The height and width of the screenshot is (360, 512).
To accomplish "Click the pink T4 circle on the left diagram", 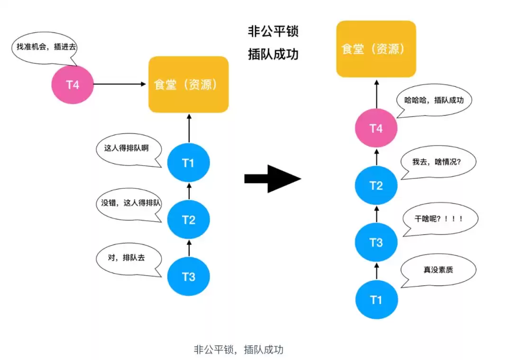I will (x=72, y=85).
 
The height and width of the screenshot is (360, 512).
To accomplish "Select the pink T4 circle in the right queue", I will (x=376, y=129).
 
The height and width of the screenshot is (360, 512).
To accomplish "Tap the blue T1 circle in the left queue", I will (x=188, y=163).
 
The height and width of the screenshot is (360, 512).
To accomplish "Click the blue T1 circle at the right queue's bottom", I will (x=376, y=300).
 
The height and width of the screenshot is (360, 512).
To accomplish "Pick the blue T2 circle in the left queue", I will (x=188, y=220).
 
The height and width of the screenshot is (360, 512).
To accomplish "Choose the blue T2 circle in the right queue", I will (x=376, y=185).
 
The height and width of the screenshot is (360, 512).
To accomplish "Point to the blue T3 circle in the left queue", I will (x=188, y=276).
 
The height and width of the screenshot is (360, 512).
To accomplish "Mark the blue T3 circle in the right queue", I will (x=376, y=242).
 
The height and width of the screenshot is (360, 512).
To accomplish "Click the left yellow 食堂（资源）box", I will (x=189, y=84).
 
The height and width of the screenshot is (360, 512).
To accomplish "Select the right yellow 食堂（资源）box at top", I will (x=376, y=49).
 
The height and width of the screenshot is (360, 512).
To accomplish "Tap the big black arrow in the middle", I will (x=273, y=178).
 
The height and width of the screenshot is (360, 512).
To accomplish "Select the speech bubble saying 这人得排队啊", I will (x=126, y=148).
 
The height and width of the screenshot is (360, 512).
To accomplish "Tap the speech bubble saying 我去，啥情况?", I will (x=437, y=162).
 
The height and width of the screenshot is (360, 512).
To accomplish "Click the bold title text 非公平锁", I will (x=273, y=32).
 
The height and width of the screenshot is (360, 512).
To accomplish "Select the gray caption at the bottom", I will (x=238, y=350).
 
